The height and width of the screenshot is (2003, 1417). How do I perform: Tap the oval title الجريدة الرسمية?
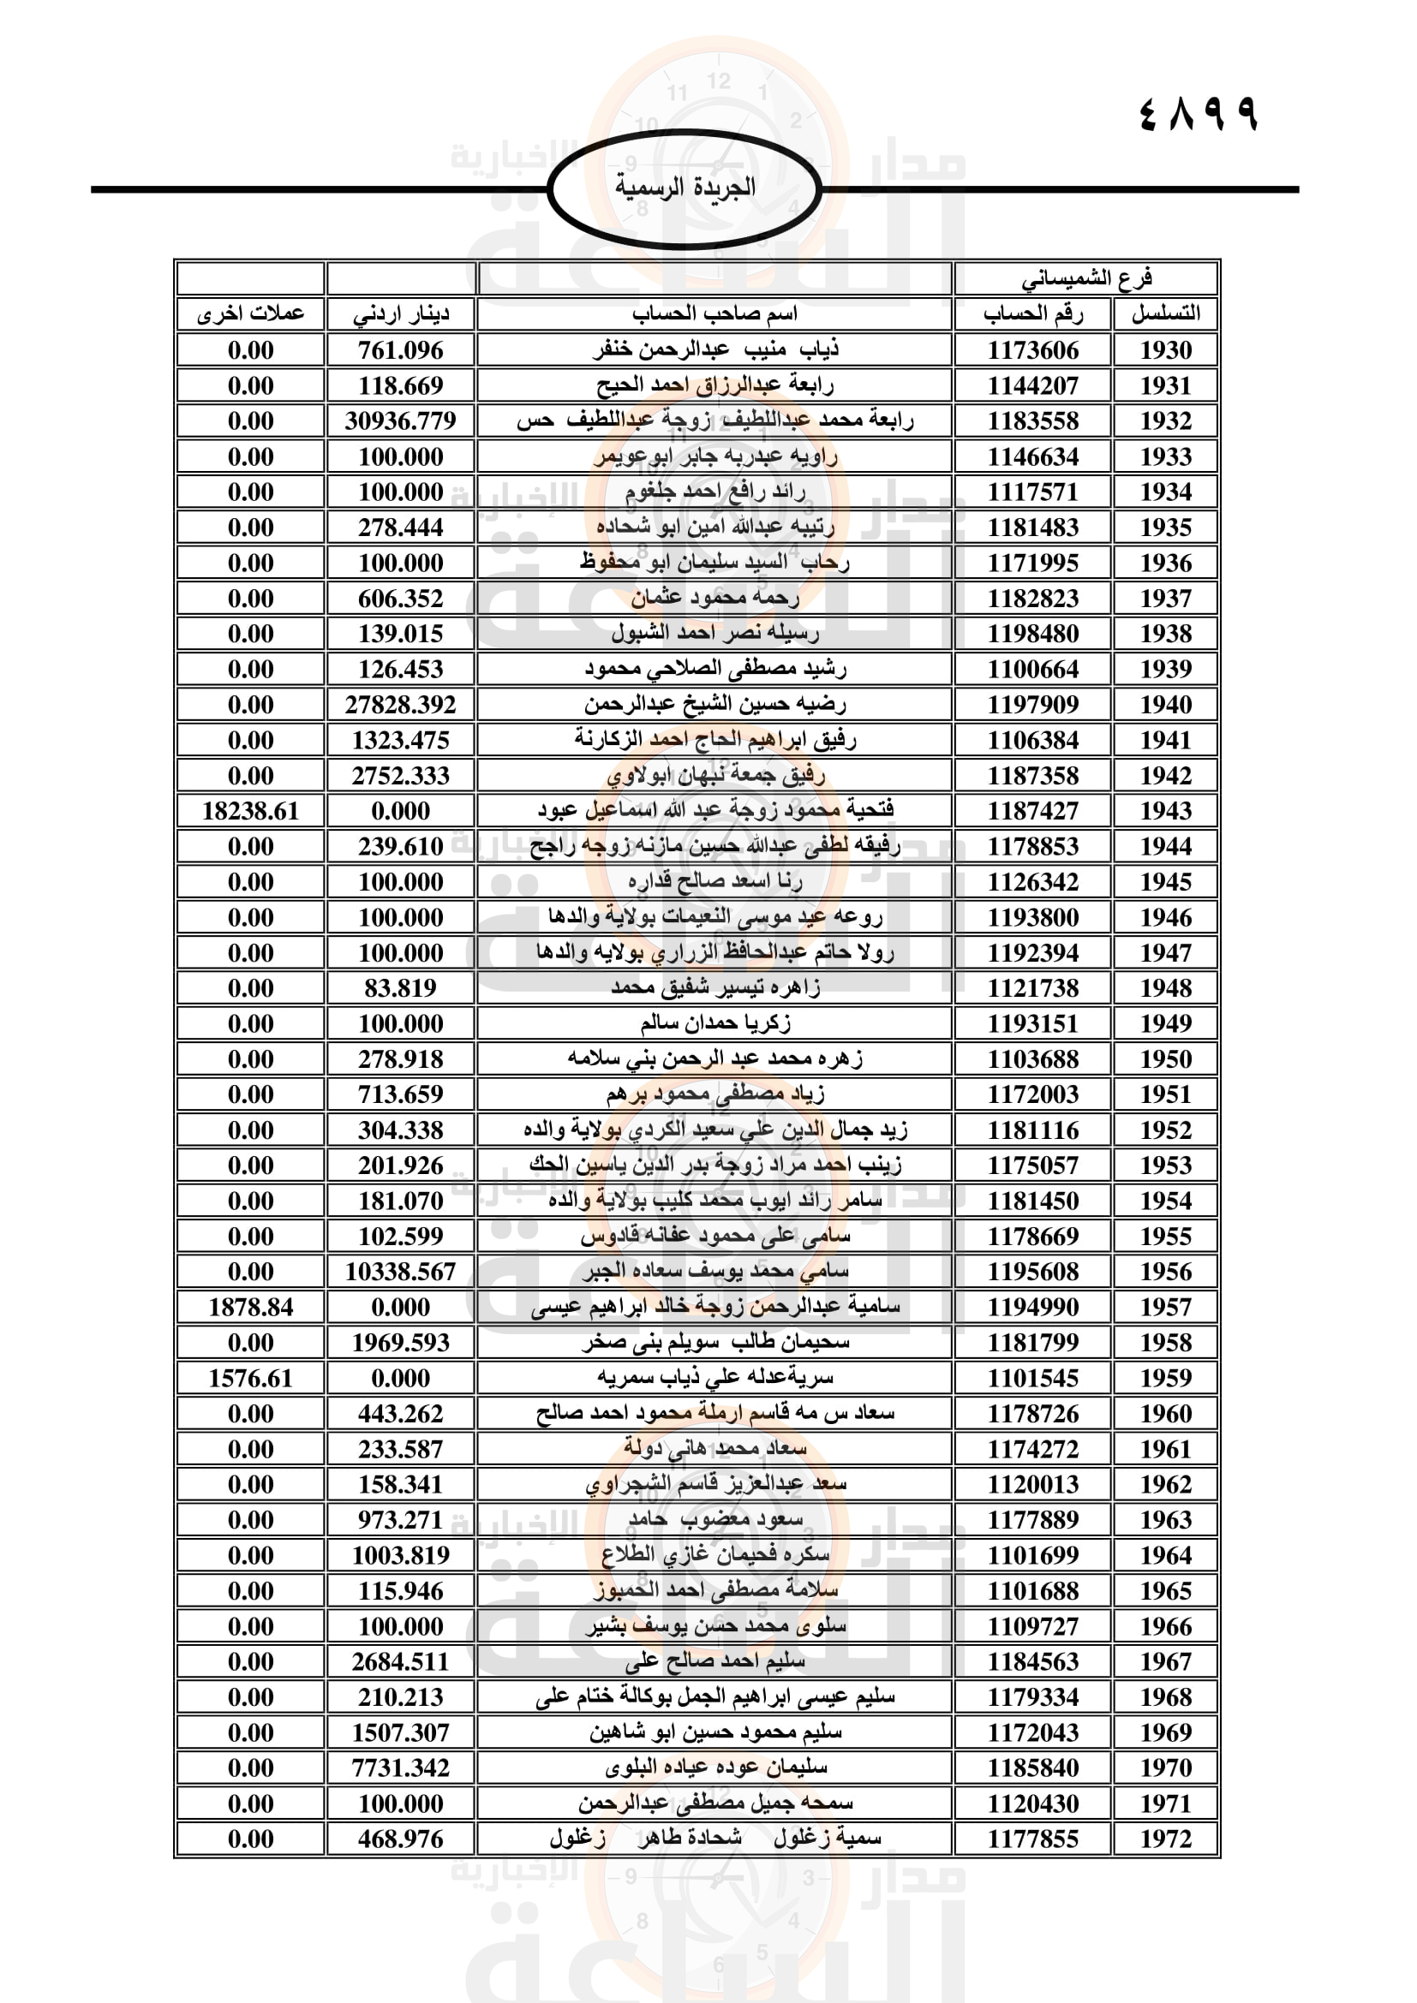tap(685, 188)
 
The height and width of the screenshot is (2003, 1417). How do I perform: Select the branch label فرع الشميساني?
tap(1086, 279)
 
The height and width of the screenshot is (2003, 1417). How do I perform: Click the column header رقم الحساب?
tap(1033, 314)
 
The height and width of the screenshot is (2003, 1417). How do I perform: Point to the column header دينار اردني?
tap(400, 314)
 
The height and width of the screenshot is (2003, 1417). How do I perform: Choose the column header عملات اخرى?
tap(250, 314)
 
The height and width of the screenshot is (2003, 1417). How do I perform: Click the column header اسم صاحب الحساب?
tap(714, 314)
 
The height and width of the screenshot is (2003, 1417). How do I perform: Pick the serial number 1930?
tap(1166, 351)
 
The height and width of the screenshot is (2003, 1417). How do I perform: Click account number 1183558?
tap(1033, 421)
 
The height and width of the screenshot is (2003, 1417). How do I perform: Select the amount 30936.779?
tap(400, 421)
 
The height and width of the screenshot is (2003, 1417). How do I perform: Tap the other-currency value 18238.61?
tap(250, 811)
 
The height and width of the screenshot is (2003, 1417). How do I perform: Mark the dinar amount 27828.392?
tap(400, 705)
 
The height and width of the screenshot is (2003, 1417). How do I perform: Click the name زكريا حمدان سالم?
tap(714, 1023)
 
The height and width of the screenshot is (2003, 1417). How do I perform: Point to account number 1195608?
tap(1033, 1272)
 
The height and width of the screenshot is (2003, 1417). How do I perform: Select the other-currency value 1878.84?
tap(250, 1308)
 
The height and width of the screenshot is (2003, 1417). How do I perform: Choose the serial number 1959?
tap(1166, 1379)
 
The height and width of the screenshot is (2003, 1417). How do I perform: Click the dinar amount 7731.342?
tap(400, 1768)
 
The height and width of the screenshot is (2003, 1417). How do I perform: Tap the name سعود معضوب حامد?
tap(714, 1520)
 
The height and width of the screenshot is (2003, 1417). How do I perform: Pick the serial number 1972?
tap(1166, 1839)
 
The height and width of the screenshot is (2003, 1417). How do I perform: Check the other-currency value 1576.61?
tap(250, 1379)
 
